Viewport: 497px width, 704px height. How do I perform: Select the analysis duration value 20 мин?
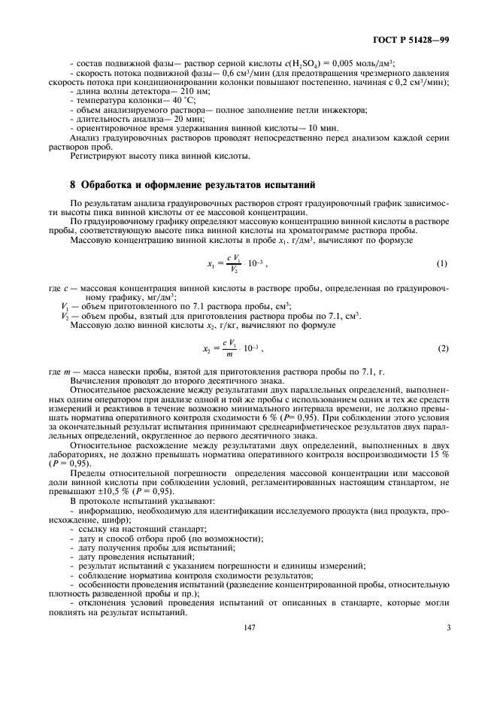click(x=172, y=118)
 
